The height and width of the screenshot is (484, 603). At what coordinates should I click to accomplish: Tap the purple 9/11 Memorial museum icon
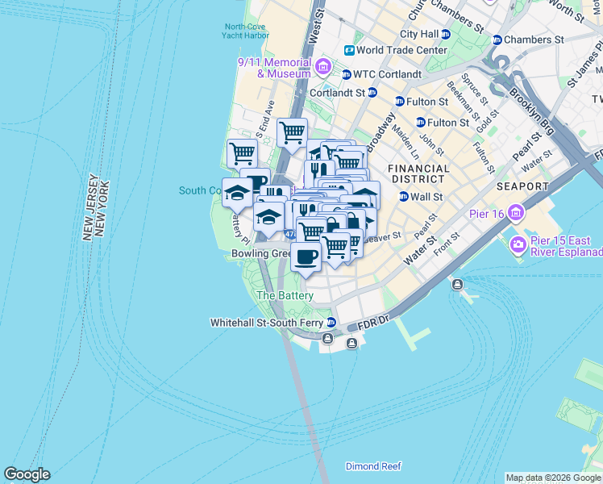[323, 66]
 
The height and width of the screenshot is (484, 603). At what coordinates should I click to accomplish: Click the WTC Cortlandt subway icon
[347, 75]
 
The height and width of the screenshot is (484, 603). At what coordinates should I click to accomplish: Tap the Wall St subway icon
[403, 197]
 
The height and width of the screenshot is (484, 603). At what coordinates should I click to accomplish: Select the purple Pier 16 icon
[516, 214]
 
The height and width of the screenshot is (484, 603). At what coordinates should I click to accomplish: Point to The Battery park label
[284, 296]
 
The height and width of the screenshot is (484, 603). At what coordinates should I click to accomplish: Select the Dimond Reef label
[373, 466]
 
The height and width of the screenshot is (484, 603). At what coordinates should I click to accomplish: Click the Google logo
[27, 474]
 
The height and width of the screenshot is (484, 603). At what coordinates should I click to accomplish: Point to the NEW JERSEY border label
[89, 207]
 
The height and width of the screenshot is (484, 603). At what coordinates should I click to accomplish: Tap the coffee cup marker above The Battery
[306, 257]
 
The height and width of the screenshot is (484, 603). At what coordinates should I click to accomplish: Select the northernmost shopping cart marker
[292, 131]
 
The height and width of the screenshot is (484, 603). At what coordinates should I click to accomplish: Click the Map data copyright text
[553, 478]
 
